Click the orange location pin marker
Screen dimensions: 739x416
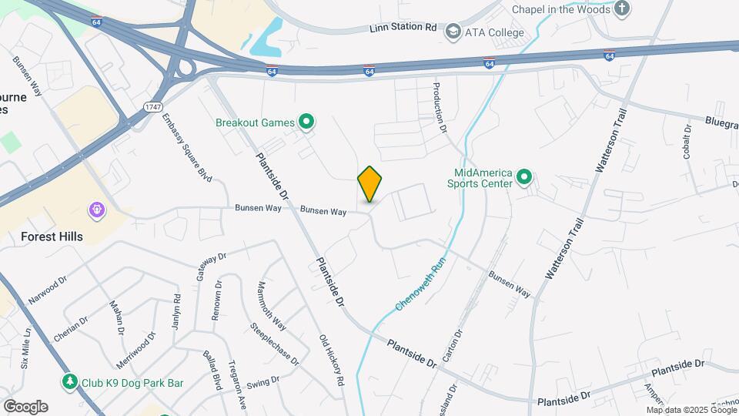369,184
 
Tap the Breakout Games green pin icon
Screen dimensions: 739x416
306,122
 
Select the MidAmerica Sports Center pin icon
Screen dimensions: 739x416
525,178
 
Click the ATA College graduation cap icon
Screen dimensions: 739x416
453,32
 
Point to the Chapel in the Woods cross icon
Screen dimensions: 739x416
621,9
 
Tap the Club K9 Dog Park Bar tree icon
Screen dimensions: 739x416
70,381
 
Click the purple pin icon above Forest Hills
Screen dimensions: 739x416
96,210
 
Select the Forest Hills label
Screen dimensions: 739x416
52,237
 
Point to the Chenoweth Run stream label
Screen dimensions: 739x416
421,284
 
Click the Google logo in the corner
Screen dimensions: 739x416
25,406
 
